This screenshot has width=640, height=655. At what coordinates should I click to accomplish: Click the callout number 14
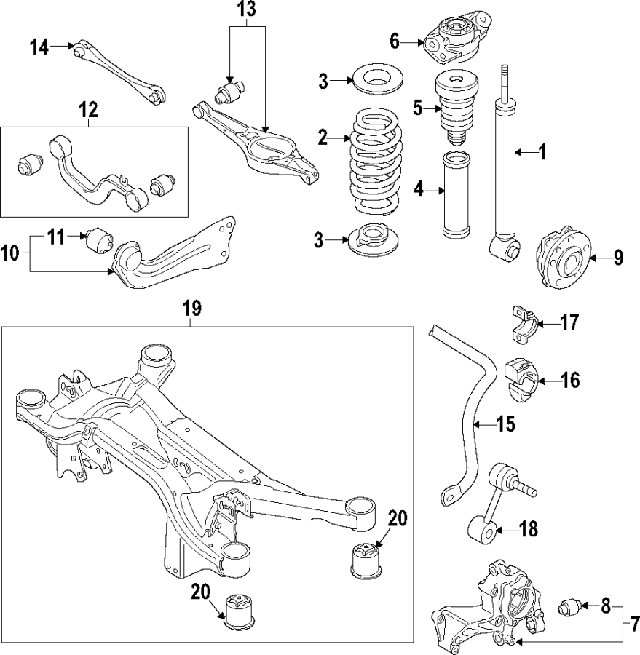pyautogui.click(x=39, y=48)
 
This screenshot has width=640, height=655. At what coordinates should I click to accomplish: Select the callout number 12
pyautogui.click(x=88, y=111)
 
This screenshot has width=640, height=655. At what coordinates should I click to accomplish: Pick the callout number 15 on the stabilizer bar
pyautogui.click(x=505, y=423)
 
